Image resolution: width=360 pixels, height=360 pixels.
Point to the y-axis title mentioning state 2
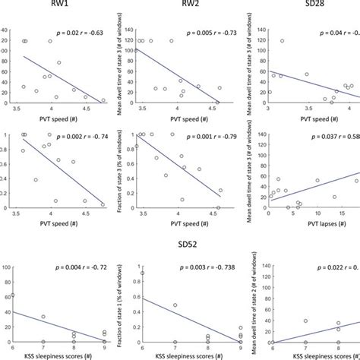245,304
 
